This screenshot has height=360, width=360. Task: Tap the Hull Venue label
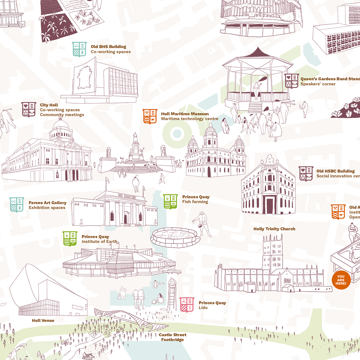click(43, 321)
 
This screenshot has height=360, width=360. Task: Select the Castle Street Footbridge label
click(172, 337)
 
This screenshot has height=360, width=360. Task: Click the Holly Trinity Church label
click(274, 229)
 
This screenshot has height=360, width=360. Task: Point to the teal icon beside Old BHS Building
click(79, 49)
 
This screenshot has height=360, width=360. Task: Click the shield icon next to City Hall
click(29, 109)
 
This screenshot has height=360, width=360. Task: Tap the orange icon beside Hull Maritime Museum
click(150, 116)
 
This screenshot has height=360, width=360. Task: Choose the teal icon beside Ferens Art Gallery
click(17, 205)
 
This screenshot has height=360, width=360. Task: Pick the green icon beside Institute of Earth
click(70, 239)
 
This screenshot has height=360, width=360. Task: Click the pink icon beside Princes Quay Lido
click(187, 305)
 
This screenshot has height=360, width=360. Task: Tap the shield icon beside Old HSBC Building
click(306, 173)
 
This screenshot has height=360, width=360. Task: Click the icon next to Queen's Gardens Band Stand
click(291, 81)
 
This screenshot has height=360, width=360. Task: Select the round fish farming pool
click(175, 237)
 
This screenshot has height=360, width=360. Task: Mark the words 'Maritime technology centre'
click(190, 119)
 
